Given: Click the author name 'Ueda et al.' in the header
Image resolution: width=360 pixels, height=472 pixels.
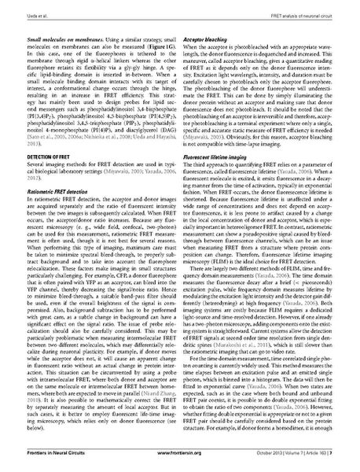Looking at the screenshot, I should click(x=36, y=6).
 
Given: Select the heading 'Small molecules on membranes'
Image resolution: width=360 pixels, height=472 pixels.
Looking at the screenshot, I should click(x=56, y=37).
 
